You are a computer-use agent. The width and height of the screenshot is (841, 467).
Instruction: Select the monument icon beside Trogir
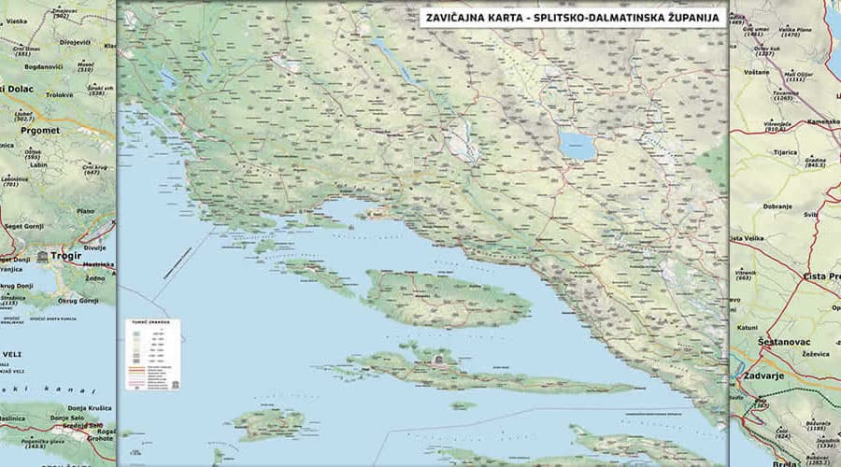43,255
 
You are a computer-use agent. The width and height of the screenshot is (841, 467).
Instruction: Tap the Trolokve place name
59,94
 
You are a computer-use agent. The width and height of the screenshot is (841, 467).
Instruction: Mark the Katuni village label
748,327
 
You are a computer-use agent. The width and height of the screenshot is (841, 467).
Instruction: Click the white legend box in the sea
152,354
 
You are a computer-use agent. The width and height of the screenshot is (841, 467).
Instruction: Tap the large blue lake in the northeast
577,145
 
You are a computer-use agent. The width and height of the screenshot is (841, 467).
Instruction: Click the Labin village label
38,165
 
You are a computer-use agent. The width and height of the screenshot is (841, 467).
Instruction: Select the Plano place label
86,211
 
